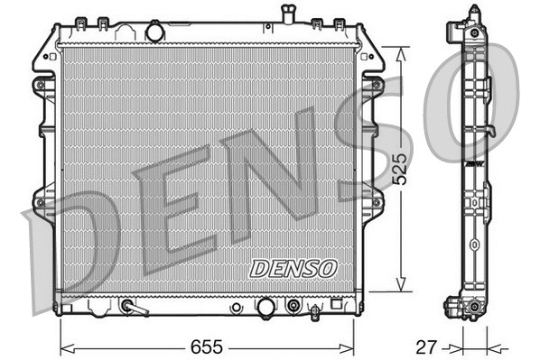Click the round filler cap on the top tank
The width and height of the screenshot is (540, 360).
click(x=154, y=32)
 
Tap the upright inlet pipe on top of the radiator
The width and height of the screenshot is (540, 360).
click(x=288, y=14)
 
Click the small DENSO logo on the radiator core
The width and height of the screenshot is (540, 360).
click(x=293, y=268)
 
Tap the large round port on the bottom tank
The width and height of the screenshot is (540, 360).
click(x=266, y=309)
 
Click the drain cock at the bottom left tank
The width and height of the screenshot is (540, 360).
click(x=134, y=309)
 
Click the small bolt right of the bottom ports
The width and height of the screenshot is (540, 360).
click(x=313, y=312)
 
